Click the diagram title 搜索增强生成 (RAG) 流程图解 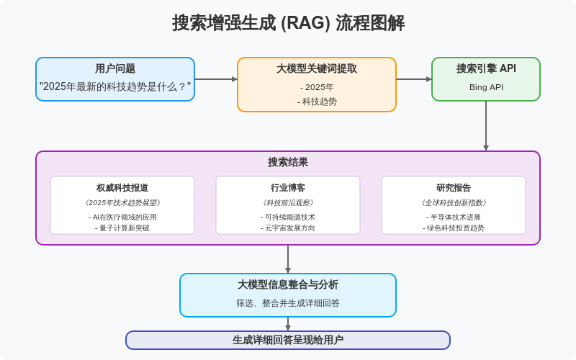[x=288, y=23]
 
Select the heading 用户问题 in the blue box [x=115, y=69]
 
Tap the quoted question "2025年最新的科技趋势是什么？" [x=115, y=86]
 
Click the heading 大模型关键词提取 [x=317, y=69]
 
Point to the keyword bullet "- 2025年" [x=317, y=87]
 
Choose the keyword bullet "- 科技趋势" [x=317, y=102]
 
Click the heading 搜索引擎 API [x=486, y=69]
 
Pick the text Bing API [x=486, y=87]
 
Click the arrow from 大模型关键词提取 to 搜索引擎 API [x=414, y=79]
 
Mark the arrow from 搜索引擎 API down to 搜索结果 [x=486, y=126]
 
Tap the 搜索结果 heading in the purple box [x=288, y=163]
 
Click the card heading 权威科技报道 [x=122, y=188]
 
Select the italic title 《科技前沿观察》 [x=288, y=203]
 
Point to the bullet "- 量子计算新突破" [x=122, y=228]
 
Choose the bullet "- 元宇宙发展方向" [x=288, y=228]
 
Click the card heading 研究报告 [x=454, y=188]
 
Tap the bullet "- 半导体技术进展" [x=454, y=217]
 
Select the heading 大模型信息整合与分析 [x=288, y=285]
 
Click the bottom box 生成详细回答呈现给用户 [x=288, y=340]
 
